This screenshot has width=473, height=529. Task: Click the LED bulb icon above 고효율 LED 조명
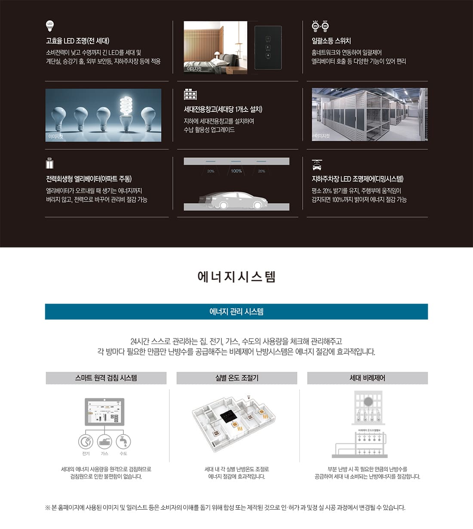point(50,26)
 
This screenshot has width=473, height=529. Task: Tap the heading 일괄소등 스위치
point(331,41)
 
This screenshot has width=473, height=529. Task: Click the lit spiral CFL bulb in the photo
point(126,109)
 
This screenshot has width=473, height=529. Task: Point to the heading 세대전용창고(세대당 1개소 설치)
point(223,109)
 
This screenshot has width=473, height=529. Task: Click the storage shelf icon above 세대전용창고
point(190,94)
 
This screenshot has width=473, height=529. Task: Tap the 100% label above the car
point(236,171)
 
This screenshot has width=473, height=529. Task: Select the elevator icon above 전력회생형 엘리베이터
point(50,164)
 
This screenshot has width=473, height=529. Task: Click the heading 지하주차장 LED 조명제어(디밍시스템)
point(357,179)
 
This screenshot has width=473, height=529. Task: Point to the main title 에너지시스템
point(236,276)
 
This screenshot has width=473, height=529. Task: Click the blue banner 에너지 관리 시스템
point(236,312)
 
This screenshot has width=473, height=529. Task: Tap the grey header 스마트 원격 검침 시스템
point(106,378)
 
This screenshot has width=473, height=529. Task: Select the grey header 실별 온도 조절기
point(236,378)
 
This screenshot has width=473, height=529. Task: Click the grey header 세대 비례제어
point(367,378)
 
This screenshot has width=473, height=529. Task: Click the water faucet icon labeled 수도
point(123,442)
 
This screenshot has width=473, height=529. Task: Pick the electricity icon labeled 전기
point(86,442)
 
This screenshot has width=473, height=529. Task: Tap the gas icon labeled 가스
point(104,442)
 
